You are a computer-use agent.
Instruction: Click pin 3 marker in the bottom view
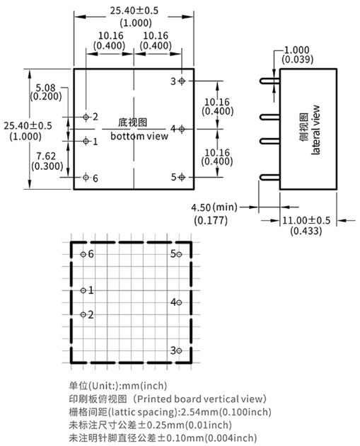point(182,81)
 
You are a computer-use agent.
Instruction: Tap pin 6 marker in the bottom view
point(86,178)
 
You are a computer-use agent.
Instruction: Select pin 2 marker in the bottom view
point(86,117)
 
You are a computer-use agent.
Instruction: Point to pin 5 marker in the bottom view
point(182,178)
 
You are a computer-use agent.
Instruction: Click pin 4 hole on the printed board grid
point(179,303)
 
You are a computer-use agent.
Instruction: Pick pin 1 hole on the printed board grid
point(83,290)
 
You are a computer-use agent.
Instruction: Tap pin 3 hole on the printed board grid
point(179,350)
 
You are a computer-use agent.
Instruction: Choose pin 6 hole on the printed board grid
point(83,254)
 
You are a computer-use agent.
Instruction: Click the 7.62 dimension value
point(46,156)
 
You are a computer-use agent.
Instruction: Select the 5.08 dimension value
point(45,88)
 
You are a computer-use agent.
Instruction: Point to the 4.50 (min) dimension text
point(214,207)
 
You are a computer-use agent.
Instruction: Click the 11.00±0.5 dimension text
point(306,220)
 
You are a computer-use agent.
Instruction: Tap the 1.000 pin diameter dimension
point(297,50)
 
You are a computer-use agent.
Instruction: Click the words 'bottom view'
point(139,136)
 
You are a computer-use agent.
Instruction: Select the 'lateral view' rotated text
point(315,130)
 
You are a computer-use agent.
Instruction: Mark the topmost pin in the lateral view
point(269,81)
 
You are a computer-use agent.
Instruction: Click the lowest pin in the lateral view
point(269,178)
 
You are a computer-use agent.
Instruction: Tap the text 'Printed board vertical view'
point(199,399)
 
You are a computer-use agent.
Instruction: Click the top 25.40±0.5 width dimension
point(134,11)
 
